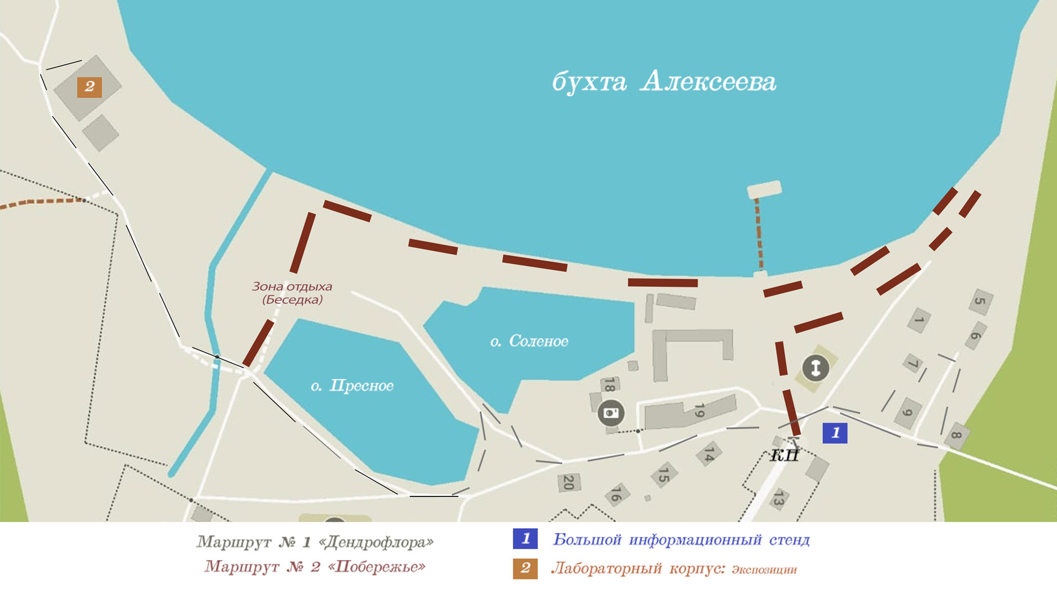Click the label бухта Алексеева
[x=664, y=82]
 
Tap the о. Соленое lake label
[x=529, y=341]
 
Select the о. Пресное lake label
[x=352, y=385]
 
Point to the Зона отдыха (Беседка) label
[x=292, y=293]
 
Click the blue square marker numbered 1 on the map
[x=835, y=433]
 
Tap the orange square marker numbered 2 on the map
[x=89, y=87]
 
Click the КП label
[x=784, y=456]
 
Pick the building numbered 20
[x=568, y=482]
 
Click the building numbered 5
[x=981, y=302]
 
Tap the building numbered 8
[x=957, y=436]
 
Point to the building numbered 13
[x=778, y=499]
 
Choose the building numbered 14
[x=709, y=453]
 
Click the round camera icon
[x=611, y=413]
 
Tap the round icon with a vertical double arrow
[x=815, y=368]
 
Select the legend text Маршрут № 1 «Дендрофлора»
[x=315, y=541]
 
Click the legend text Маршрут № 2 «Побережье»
[x=315, y=567]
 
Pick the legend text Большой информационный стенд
[x=681, y=539]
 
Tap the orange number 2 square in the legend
[x=525, y=568]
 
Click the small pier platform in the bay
[x=764, y=189]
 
